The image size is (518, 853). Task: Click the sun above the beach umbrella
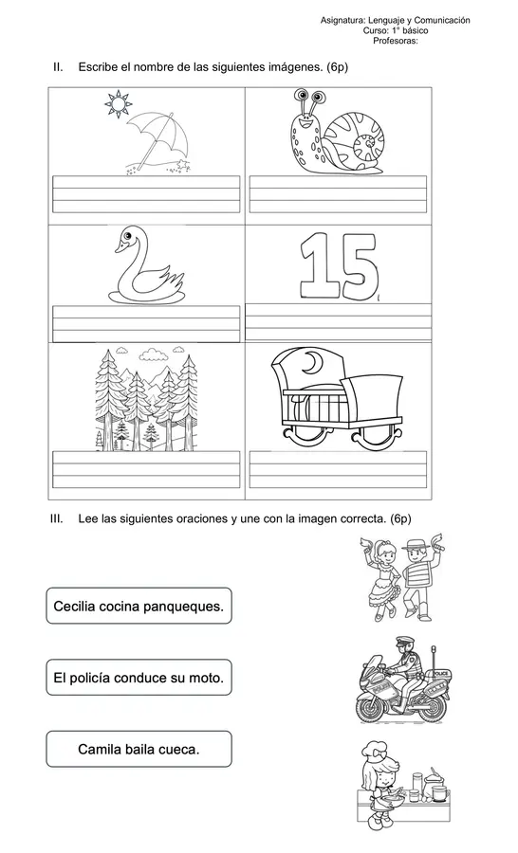click(118, 104)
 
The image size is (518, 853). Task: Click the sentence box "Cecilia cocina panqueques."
click(139, 606)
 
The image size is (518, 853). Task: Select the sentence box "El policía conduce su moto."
click(139, 678)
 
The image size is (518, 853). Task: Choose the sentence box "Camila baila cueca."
click(139, 749)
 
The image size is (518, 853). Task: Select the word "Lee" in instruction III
click(91, 518)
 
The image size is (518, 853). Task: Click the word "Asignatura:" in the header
click(344, 20)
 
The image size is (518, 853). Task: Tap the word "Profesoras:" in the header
click(395, 41)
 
